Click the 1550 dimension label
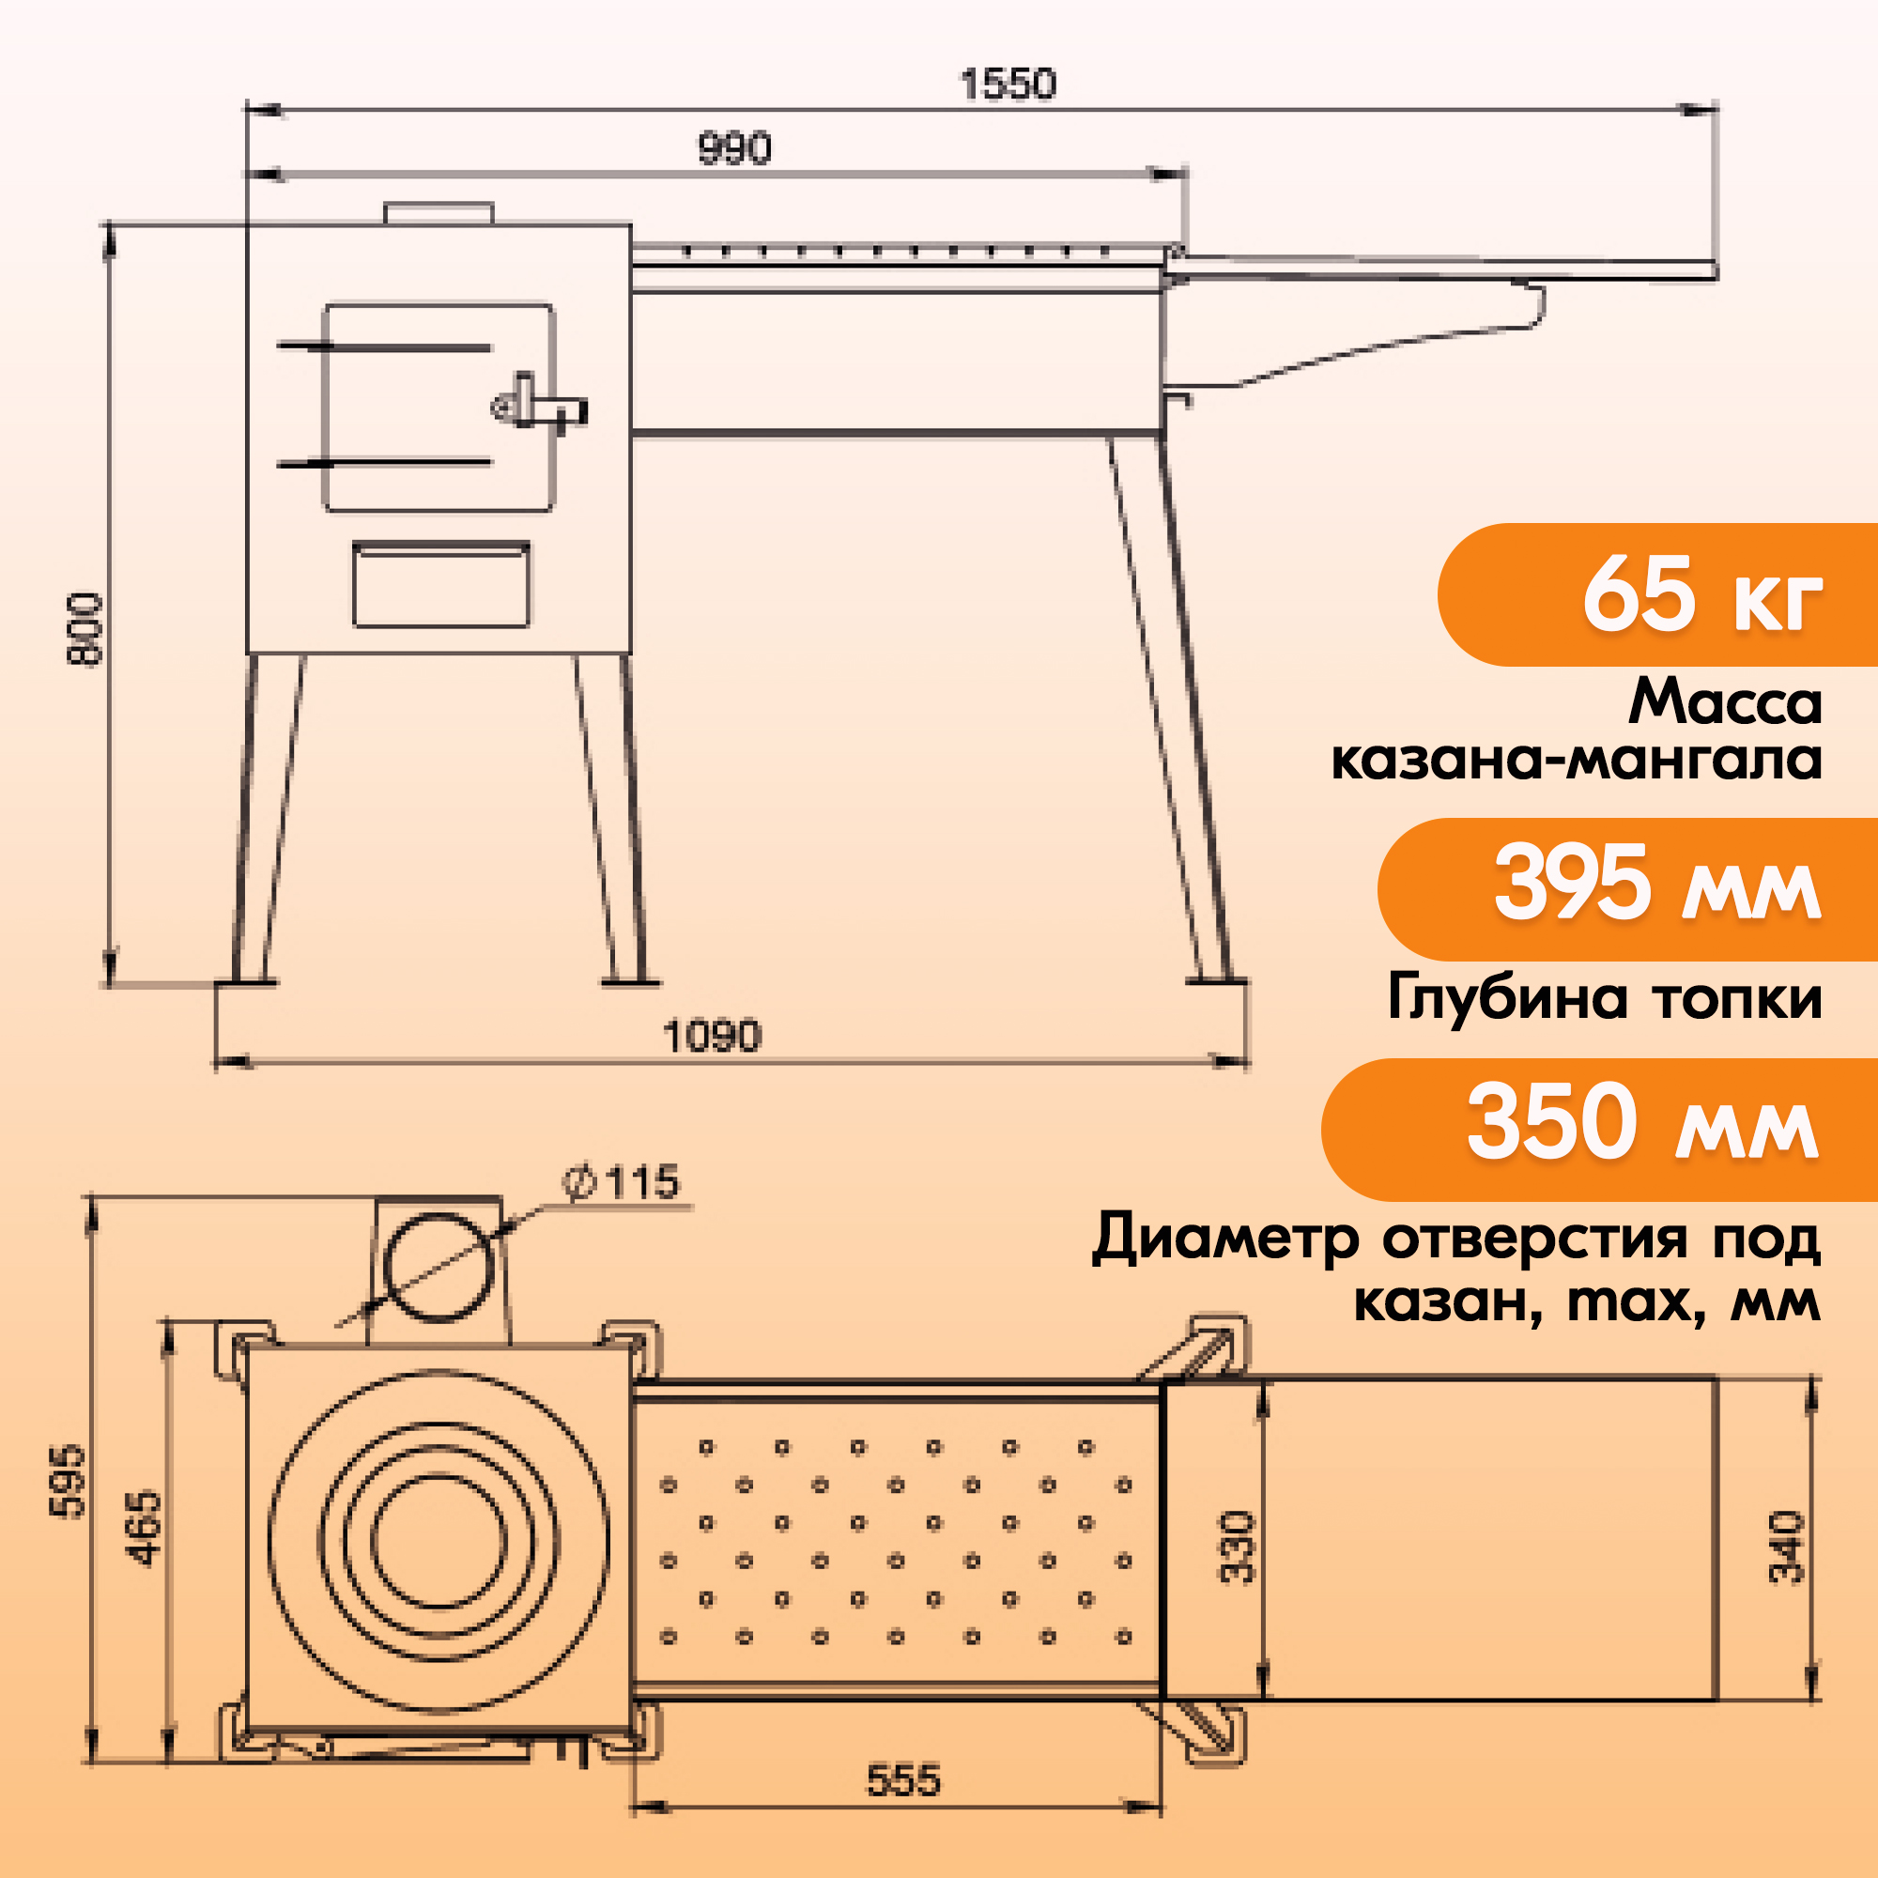(x=1007, y=85)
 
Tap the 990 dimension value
(x=734, y=148)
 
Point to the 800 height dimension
(x=85, y=628)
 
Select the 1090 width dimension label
(x=712, y=1037)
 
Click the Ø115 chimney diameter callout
(x=623, y=1183)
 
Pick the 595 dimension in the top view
(x=68, y=1481)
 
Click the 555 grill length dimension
(x=903, y=1780)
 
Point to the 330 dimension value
(x=1238, y=1547)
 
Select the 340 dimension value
(x=1787, y=1547)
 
